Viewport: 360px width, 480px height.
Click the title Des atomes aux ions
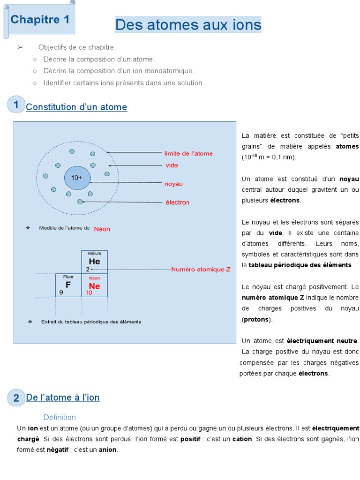click(x=188, y=24)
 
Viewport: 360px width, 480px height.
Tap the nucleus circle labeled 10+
click(x=76, y=178)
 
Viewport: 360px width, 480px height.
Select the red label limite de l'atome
click(x=188, y=153)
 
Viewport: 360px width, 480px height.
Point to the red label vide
click(x=172, y=165)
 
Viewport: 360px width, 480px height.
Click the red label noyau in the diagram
click(x=173, y=184)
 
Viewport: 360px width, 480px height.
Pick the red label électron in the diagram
click(x=177, y=202)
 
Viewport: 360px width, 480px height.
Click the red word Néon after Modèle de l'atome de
click(x=102, y=229)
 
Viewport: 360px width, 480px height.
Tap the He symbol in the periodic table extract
click(x=94, y=262)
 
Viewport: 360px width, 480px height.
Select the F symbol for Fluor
click(x=68, y=285)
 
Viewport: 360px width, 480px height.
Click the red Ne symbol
click(x=94, y=285)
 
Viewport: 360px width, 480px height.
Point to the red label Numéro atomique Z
click(x=201, y=270)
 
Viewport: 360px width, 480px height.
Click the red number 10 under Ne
click(x=89, y=292)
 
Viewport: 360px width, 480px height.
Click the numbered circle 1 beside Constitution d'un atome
click(x=16, y=105)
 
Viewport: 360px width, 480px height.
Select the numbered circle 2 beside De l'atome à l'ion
click(x=16, y=398)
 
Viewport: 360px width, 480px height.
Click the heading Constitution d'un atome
click(x=76, y=107)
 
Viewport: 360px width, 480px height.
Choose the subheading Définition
click(x=60, y=417)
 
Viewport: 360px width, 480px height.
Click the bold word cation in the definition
click(x=242, y=439)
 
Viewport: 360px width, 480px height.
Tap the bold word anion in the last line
click(x=107, y=450)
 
